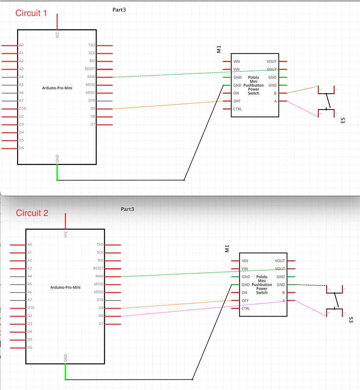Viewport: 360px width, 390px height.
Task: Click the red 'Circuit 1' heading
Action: [31, 13]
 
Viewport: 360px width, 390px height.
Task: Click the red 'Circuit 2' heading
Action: [32, 213]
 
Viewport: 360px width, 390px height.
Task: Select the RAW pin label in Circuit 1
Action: [91, 77]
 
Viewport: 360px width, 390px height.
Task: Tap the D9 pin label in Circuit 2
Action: [101, 308]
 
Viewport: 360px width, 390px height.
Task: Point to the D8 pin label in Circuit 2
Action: [101, 316]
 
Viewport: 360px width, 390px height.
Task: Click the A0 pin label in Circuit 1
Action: [21, 45]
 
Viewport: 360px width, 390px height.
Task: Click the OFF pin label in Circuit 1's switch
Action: [237, 101]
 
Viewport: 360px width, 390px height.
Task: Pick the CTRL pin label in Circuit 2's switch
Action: [246, 308]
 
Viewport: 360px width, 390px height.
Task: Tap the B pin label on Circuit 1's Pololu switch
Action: [275, 93]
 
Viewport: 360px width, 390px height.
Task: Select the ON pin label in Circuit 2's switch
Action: [244, 292]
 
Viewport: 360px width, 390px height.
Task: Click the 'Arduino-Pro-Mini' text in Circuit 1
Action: [57, 88]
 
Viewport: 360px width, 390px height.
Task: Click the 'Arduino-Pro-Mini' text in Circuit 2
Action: [65, 287]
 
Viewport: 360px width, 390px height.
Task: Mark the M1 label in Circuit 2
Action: [227, 248]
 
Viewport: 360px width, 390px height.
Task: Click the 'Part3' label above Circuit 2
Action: [127, 209]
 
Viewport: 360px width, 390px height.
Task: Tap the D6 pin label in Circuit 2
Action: [30, 347]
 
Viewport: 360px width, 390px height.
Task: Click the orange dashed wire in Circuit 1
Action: [168, 105]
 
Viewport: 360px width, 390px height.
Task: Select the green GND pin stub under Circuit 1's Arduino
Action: [57, 172]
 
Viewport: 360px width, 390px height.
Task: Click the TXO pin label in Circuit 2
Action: [100, 245]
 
